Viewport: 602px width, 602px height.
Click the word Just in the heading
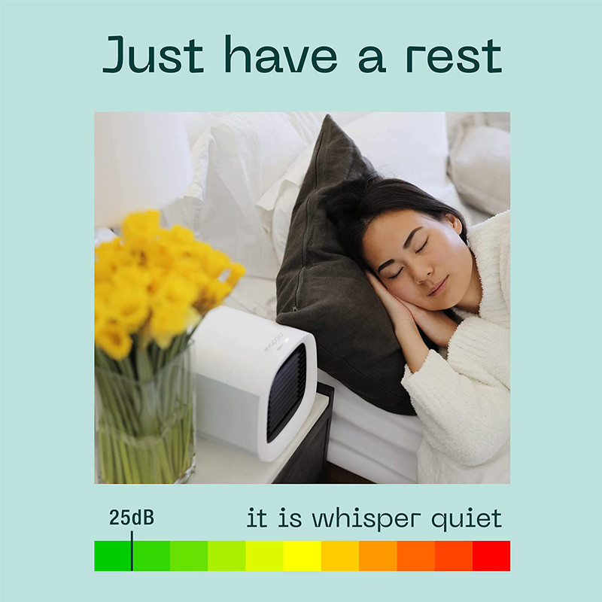coord(154,54)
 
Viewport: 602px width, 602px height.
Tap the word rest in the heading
coord(455,56)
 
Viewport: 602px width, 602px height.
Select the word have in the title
coord(281,54)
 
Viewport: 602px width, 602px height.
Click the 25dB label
coord(131,518)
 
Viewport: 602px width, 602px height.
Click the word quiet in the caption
coord(467,519)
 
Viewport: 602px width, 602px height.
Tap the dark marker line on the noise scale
coord(132,551)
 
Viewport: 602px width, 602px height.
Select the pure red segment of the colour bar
coord(491,556)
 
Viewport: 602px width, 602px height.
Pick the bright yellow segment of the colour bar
coord(303,556)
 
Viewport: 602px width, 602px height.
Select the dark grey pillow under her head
coord(338,269)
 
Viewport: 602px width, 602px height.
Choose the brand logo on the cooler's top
coord(272,342)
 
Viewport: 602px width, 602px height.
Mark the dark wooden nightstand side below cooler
coord(307,442)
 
